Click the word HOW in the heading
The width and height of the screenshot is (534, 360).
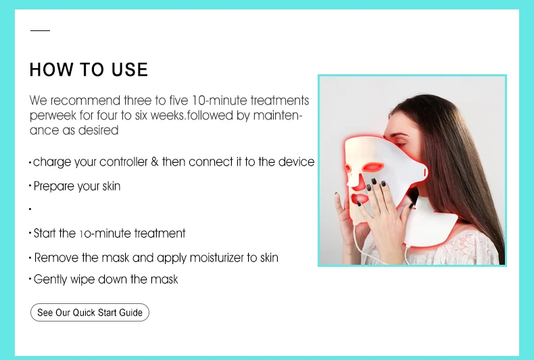[51, 70]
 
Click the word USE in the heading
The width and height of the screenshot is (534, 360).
[130, 70]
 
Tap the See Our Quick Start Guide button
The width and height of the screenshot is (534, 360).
[90, 312]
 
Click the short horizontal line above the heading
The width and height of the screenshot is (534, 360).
[40, 30]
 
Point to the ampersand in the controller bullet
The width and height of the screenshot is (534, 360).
[155, 161]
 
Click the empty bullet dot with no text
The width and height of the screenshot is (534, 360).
[30, 209]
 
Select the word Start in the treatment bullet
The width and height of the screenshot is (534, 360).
[45, 234]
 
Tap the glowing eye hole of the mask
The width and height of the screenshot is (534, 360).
[372, 167]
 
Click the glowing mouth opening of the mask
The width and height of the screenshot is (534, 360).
[359, 199]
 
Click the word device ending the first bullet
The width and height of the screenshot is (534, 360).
[296, 161]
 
